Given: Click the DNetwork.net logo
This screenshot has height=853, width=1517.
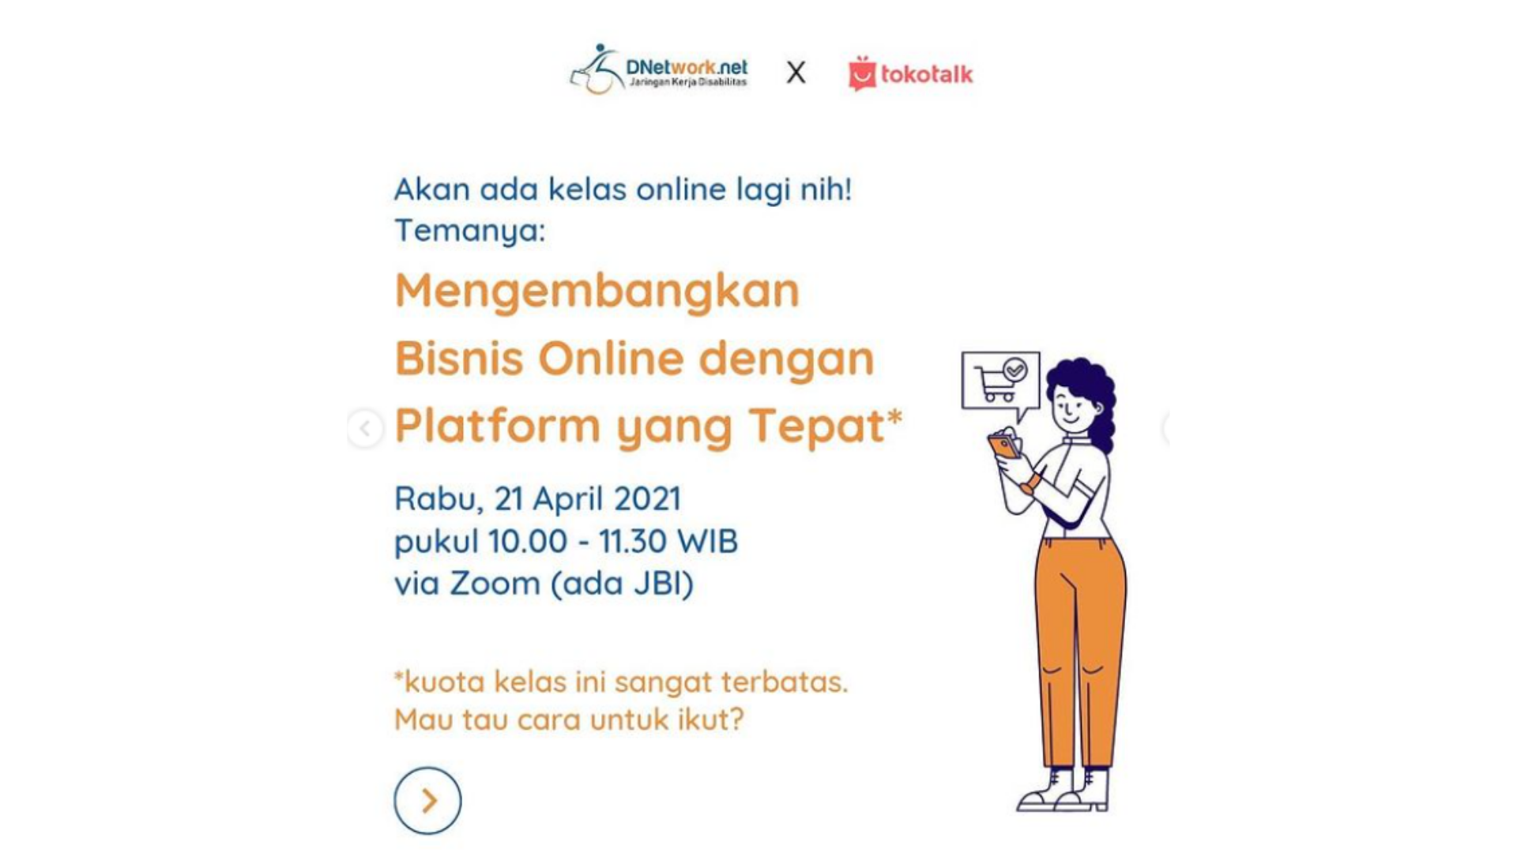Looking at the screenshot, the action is pos(658,70).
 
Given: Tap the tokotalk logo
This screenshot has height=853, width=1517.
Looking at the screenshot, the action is pos(910,73).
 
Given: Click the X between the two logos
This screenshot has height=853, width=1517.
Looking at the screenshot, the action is pos(796,73).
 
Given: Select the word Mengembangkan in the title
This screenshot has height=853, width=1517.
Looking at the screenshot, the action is pos(597,291).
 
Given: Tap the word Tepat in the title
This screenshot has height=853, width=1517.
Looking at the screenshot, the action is pos(816,427).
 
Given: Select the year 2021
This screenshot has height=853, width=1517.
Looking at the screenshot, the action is pos(647,498).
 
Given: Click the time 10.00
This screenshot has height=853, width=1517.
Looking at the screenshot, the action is pos(528,542).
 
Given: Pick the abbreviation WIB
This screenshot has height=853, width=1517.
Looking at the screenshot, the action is pos(708,542).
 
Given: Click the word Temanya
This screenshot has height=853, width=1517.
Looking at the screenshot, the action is pos(470,231).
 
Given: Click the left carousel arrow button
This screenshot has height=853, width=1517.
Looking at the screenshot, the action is pos(365,428).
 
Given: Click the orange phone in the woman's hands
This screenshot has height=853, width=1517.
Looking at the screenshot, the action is pos(1004,446).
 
